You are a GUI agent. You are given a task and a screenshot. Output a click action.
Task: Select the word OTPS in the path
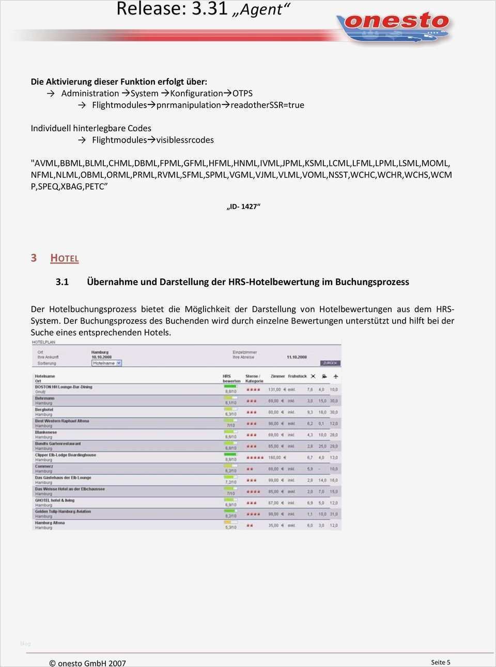coord(242,94)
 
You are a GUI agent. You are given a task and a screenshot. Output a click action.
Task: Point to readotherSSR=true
coord(267,105)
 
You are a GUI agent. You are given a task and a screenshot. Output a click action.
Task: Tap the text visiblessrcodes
coord(185,140)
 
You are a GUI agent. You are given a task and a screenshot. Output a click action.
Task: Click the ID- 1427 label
coord(243,207)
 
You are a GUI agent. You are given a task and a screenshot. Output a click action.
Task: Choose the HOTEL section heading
coord(65,258)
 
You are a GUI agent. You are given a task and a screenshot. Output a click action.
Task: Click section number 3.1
coord(62,282)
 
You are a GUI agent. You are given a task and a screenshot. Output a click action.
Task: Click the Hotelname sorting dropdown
coord(106,363)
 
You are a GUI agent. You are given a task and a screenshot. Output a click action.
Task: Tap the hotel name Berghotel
coord(44,410)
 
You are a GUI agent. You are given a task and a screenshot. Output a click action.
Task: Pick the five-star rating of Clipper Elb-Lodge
coord(255,458)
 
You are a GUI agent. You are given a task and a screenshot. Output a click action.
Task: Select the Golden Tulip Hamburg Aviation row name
coord(63,511)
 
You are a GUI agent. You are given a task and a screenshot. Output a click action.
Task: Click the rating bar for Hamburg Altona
coord(229,522)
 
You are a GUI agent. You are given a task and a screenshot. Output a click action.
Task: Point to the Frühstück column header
coord(297,377)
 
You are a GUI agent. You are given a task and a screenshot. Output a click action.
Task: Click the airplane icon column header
coord(335,377)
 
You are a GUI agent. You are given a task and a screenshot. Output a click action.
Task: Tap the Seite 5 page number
coord(441,662)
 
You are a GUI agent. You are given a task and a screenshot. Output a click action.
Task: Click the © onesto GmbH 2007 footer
coord(87,663)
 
